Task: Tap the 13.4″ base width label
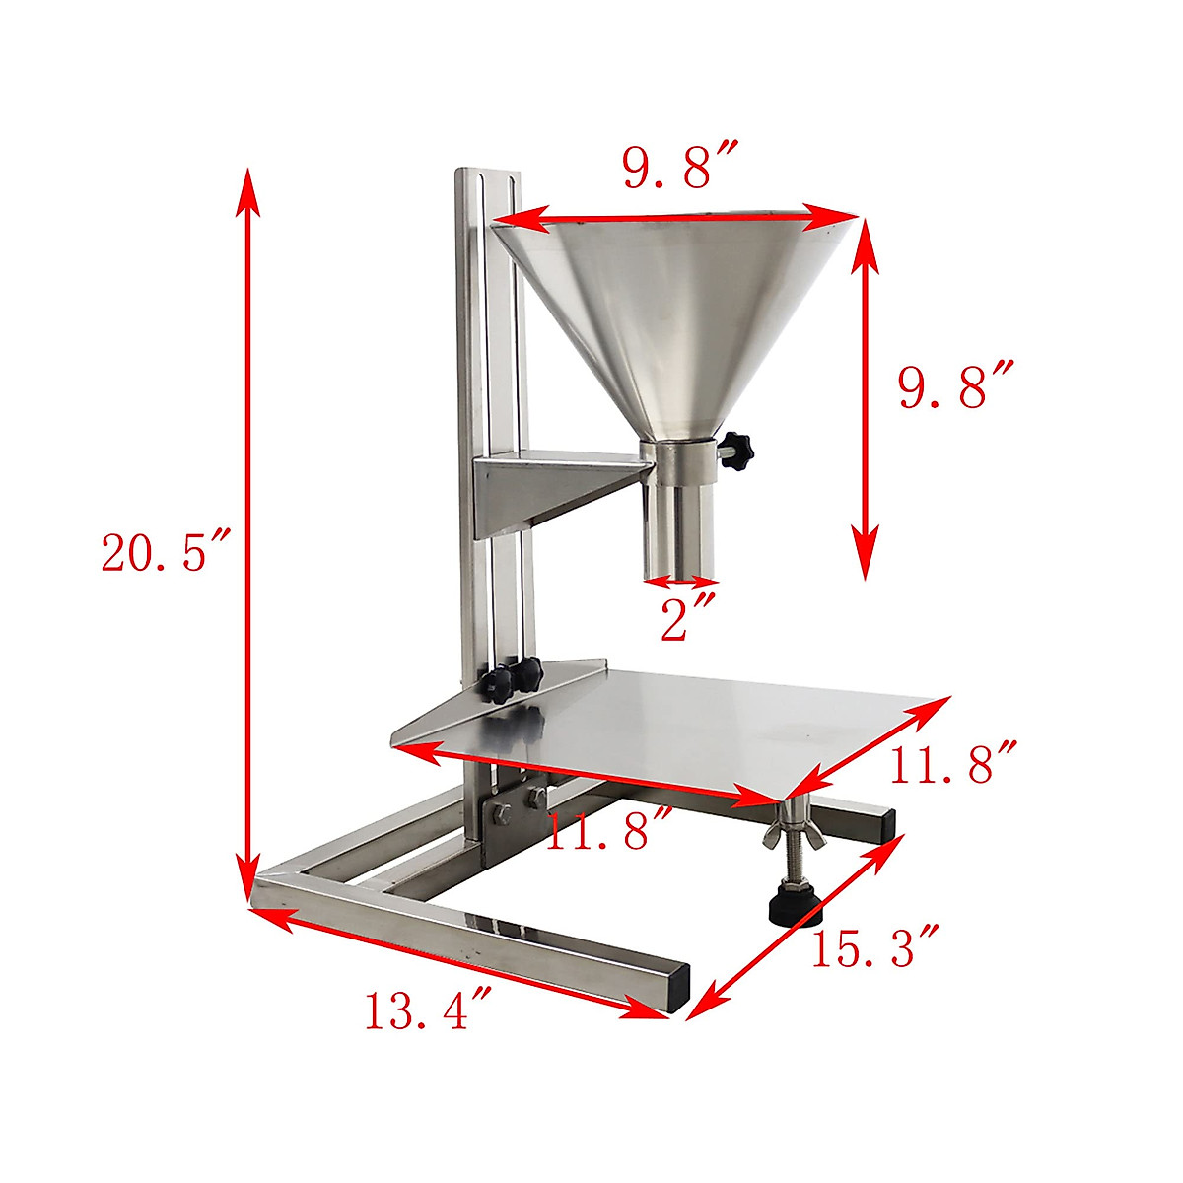coord(428,1010)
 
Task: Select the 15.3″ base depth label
coord(871,946)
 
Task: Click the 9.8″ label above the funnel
coord(680,169)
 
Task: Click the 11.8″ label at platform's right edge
coord(950,764)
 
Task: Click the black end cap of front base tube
coord(677,991)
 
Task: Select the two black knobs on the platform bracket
coord(515,678)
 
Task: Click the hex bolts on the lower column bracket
coord(517,803)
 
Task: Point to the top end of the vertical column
coord(486,175)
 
